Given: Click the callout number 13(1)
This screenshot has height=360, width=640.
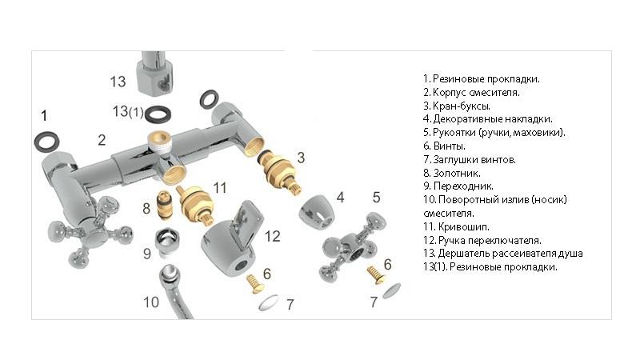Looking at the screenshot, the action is point(128,111).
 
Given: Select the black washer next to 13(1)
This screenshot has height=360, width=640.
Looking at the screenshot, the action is point(158,114).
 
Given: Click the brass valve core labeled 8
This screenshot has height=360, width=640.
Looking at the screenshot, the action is point(165,205).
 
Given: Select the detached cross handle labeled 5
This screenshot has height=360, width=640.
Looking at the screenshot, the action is point(353,246).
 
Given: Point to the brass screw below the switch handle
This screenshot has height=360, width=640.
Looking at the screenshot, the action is point(255,284).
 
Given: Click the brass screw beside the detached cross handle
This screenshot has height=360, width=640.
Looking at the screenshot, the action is point(377,275).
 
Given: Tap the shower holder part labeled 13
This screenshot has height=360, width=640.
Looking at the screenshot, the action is point(156,72).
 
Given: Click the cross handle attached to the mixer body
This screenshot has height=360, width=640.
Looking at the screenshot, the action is point(90,231).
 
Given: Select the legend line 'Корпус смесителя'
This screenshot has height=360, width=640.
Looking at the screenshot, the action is point(471,93).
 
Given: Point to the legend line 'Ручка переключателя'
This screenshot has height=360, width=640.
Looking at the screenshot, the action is point(482,241).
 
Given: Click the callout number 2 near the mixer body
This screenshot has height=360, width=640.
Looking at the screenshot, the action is point(102,140).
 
